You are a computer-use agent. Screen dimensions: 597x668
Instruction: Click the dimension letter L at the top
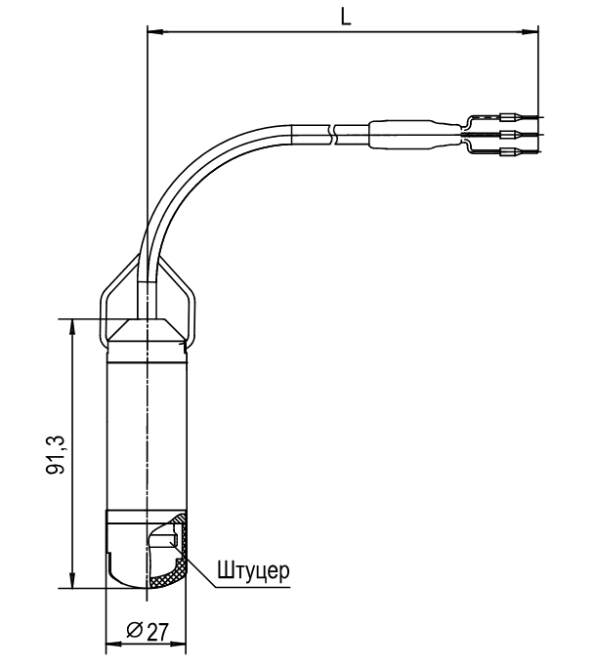(346, 17)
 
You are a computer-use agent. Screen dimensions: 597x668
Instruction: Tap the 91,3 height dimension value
(56, 455)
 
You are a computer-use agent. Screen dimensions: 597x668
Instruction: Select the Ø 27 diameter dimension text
(148, 631)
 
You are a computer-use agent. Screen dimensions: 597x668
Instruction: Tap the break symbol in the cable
(333, 135)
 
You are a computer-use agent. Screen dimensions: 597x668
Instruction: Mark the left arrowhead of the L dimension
(154, 31)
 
